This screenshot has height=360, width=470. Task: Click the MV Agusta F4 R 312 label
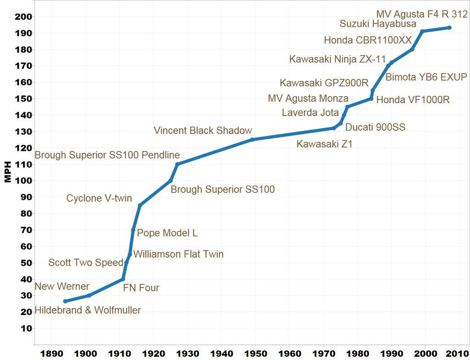421,14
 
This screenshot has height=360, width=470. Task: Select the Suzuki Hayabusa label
378,24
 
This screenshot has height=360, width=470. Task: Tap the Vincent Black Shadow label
203,130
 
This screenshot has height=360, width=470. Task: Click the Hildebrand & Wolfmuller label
88,310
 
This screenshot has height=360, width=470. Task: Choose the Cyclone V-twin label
99,199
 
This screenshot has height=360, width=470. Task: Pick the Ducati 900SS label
375,127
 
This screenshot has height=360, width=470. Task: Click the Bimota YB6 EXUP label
426,77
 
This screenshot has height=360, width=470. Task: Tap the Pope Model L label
168,233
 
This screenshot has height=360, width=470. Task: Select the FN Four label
141,288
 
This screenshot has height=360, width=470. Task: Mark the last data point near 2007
449,28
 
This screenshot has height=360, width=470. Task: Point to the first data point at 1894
65,301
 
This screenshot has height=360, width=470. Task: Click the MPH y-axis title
8,172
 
